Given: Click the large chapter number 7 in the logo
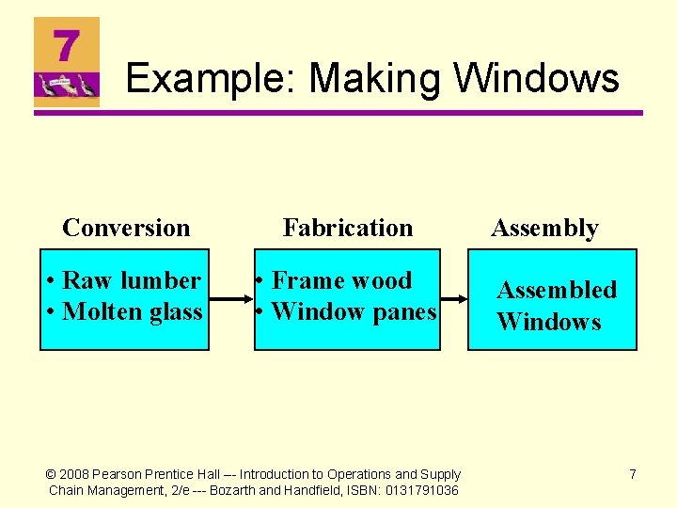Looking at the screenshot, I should (x=66, y=44).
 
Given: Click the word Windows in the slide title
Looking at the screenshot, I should (x=537, y=78).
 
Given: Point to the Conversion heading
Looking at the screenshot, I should (x=126, y=228).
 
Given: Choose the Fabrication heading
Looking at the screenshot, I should (x=348, y=228).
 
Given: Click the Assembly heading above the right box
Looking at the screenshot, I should (x=544, y=228).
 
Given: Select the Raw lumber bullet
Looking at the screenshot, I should (x=124, y=280).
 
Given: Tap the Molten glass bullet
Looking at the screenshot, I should (x=124, y=311).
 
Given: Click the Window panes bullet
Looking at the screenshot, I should (x=346, y=311).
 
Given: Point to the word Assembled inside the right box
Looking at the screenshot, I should (x=557, y=290).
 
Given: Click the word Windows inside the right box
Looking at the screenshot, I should (x=548, y=322).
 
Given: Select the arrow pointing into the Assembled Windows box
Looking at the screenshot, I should (x=453, y=300).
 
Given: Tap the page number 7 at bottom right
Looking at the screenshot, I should (x=633, y=474).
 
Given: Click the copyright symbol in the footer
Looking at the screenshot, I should (x=53, y=475).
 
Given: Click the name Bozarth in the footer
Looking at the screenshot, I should (x=240, y=491).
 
